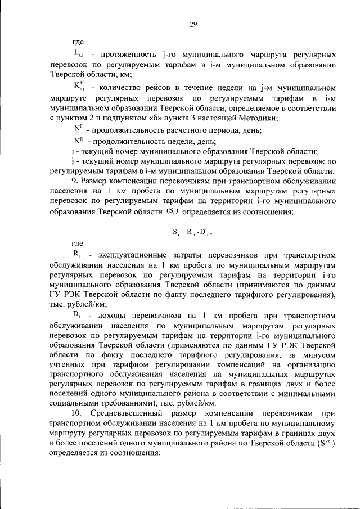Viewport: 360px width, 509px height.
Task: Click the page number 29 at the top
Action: (193, 24)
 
